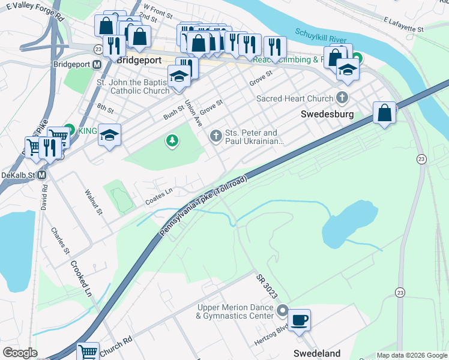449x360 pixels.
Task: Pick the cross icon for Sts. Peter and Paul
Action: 215,137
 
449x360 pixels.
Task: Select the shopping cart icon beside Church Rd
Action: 88,351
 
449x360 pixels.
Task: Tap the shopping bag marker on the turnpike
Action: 384,112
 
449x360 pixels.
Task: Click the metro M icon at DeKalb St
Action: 42,175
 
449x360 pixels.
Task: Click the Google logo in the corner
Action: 20,353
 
